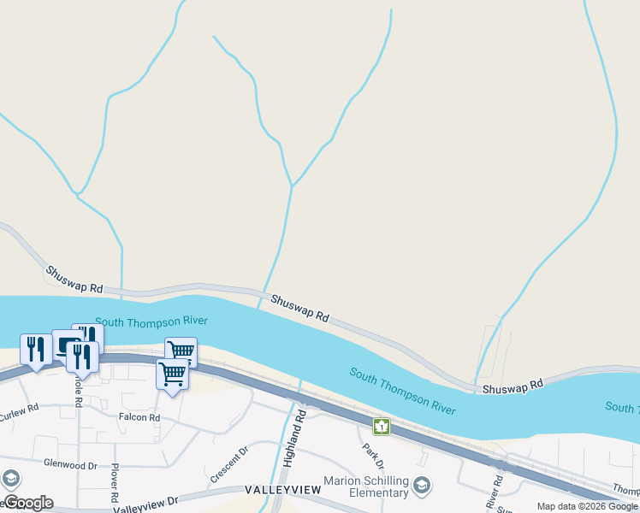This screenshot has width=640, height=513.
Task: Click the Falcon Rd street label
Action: pos(139,417)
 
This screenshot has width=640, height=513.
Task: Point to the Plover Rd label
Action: pos(113,484)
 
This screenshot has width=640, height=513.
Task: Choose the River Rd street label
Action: pos(494,492)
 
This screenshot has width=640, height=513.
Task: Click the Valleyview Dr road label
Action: pos(145,505)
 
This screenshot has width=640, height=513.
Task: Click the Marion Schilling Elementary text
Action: pos(366,486)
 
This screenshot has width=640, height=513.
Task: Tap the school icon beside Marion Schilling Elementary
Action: pos(421,486)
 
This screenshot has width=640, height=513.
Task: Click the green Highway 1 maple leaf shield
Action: pos(382,426)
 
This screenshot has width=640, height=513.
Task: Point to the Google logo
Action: pos(28,503)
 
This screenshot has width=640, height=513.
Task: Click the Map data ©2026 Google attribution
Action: pos(587,506)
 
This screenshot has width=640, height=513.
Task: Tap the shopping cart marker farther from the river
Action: pos(172,374)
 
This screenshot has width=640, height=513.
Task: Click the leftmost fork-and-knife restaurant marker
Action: pos(35,349)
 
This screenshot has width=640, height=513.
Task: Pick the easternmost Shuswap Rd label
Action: pos(513,387)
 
